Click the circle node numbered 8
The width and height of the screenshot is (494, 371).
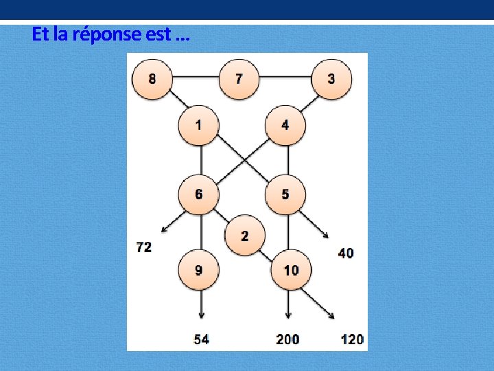click(x=152, y=78)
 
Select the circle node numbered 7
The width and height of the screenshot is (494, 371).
click(x=239, y=78)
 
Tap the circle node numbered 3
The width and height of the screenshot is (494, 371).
click(x=331, y=78)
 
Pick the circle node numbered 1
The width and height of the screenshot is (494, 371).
click(x=199, y=125)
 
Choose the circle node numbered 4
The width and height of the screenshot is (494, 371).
click(x=285, y=125)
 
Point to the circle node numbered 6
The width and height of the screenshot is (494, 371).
click(x=199, y=194)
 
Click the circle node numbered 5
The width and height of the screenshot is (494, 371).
click(x=285, y=194)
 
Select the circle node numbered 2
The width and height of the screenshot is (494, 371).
click(x=245, y=236)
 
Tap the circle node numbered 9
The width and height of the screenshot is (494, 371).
click(x=199, y=270)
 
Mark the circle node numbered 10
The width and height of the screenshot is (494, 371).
click(x=291, y=270)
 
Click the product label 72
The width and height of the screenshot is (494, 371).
click(x=144, y=247)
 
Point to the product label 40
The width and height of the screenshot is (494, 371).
click(x=346, y=253)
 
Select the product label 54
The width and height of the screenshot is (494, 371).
click(x=201, y=339)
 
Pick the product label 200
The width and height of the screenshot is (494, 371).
click(x=287, y=339)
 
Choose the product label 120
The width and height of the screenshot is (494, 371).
click(x=352, y=339)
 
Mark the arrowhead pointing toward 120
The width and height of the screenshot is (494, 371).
click(x=331, y=316)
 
